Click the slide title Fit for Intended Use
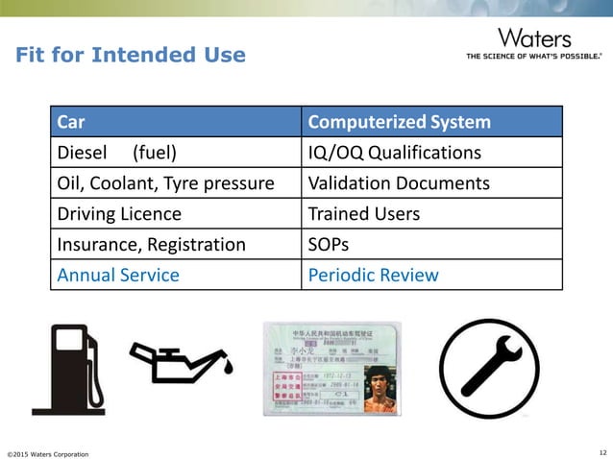pos(130,55)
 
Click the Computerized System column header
pos(399,123)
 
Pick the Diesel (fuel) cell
pos(116,153)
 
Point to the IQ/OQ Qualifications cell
pos(394,153)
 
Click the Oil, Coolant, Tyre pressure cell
pos(165,183)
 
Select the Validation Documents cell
pos(398,183)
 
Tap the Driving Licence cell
pos(119,213)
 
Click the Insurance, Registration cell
pos(151,244)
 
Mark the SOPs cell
pos(328,244)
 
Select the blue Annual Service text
pos(118,275)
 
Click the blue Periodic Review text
pos(373,275)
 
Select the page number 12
pos(601,451)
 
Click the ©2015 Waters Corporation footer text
pos(48,452)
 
